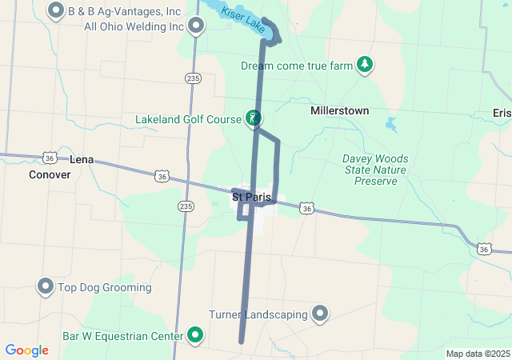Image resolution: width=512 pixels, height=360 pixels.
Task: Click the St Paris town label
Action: [251, 196]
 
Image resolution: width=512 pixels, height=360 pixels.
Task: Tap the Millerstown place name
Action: [340, 110]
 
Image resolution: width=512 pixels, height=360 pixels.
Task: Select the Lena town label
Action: [82, 159]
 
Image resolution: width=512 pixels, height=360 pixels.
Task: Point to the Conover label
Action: [50, 174]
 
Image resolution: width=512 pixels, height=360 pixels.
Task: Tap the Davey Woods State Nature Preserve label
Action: [375, 170]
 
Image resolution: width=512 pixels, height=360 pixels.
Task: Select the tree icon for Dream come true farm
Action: [365, 65]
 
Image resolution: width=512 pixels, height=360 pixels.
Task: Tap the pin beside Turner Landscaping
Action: [320, 313]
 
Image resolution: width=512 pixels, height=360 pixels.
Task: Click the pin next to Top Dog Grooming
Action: [46, 286]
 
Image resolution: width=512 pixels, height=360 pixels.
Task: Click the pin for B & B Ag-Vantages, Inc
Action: [56, 11]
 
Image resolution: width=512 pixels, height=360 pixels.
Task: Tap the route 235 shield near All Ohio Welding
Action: [192, 78]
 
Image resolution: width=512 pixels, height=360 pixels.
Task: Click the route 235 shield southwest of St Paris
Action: [186, 206]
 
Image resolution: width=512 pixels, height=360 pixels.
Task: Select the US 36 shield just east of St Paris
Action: [306, 208]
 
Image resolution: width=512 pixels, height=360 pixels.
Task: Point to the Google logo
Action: [26, 350]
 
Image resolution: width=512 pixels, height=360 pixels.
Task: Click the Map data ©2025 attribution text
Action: [478, 354]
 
